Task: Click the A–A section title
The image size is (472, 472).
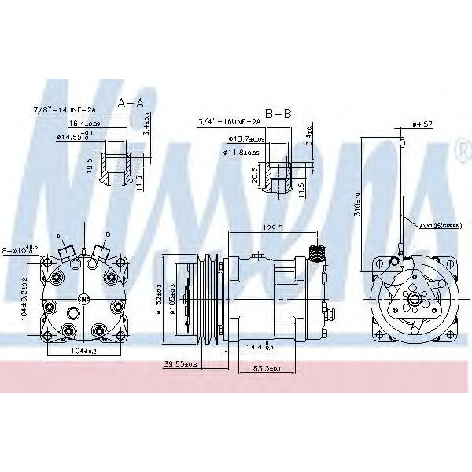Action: coord(131,103)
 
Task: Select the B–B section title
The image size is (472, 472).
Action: coord(278,114)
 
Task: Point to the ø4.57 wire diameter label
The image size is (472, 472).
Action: coord(423,124)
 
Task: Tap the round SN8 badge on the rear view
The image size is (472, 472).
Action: coord(83,298)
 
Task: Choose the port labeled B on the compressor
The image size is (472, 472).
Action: coord(100,251)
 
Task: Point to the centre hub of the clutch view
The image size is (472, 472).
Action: coord(411,300)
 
